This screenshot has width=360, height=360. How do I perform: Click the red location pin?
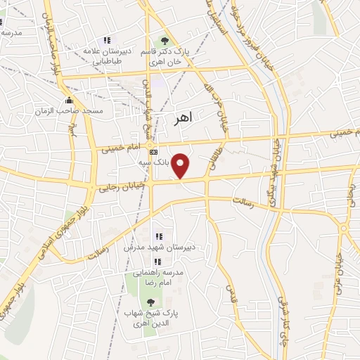[x=182, y=165]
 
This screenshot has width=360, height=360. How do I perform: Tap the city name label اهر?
[x=181, y=119]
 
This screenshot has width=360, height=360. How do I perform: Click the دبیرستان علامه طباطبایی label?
[x=106, y=56]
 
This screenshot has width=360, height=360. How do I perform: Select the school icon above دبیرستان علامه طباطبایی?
[x=107, y=41]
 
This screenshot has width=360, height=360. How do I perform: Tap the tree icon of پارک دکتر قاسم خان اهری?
[x=165, y=40]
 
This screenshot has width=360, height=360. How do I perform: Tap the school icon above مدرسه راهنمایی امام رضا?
[x=157, y=262]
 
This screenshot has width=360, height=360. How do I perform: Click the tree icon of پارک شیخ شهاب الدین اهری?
[x=150, y=302]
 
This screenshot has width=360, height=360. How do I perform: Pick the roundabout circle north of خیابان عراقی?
[x=344, y=228]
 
